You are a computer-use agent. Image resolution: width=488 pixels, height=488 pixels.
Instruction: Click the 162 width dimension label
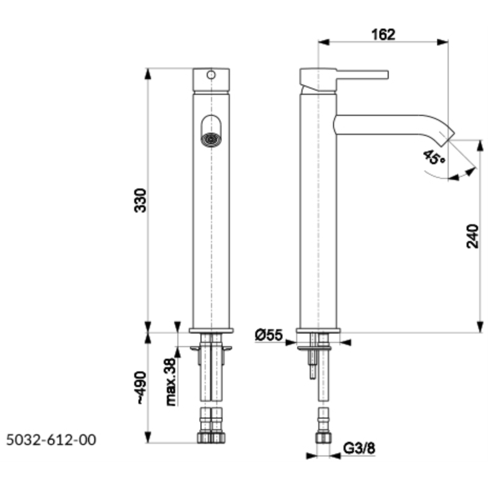pyautogui.click(x=383, y=34)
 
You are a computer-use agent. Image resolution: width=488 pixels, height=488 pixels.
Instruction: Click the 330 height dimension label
pyautogui.click(x=141, y=200)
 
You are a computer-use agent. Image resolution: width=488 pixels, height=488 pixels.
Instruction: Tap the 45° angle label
pyautogui.click(x=433, y=157)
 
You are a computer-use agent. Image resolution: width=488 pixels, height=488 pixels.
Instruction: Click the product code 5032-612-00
pyautogui.click(x=51, y=439)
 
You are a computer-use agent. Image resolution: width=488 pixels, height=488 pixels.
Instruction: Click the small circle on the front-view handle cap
pyautogui.click(x=211, y=74)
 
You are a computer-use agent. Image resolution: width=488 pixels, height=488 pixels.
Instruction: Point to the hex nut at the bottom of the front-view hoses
pyautogui.click(x=211, y=437)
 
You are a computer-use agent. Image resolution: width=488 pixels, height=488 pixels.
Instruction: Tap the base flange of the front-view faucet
pyautogui.click(x=211, y=331)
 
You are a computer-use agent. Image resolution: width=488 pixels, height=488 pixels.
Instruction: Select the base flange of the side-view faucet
pyautogui.click(x=318, y=331)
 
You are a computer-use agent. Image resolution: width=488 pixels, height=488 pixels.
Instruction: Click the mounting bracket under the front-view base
pyautogui.click(x=211, y=349)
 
